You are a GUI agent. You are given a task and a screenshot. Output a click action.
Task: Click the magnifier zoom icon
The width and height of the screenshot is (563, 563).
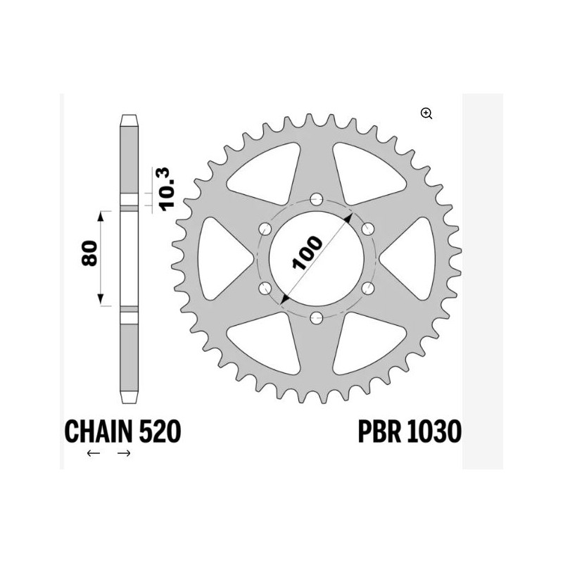[x=426, y=113]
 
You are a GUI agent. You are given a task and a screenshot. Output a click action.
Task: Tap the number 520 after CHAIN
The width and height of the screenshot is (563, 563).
[x=160, y=431]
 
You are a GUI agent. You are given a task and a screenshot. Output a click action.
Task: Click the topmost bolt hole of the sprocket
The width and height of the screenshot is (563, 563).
[x=315, y=198]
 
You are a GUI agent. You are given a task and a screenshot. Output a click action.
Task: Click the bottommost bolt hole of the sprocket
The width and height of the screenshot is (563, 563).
[x=315, y=317]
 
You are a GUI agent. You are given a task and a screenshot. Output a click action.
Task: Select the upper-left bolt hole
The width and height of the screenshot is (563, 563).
[x=265, y=228]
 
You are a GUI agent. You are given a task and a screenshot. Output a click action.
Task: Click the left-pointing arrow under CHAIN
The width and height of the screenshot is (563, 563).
[x=93, y=454]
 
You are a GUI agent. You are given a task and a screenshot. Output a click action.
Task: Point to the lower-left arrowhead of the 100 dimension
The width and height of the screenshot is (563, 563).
[x=284, y=301]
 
